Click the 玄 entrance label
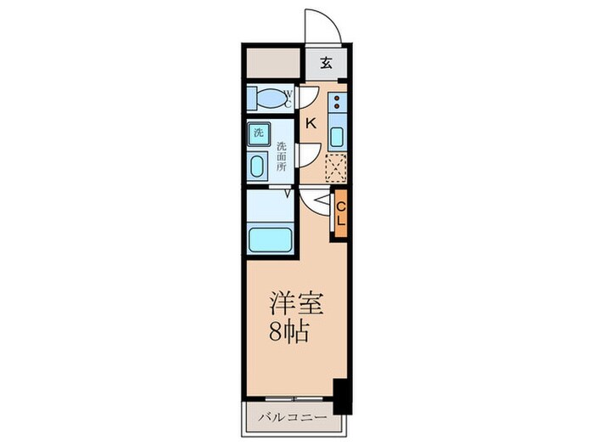[x=327, y=62]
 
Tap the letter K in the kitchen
[x=310, y=122]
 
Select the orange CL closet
[x=340, y=212]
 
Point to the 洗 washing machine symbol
[x=256, y=133]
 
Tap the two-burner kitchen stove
[x=337, y=104]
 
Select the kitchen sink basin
[x=337, y=138]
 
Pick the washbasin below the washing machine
[x=256, y=165]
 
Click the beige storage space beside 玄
[x=273, y=61]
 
